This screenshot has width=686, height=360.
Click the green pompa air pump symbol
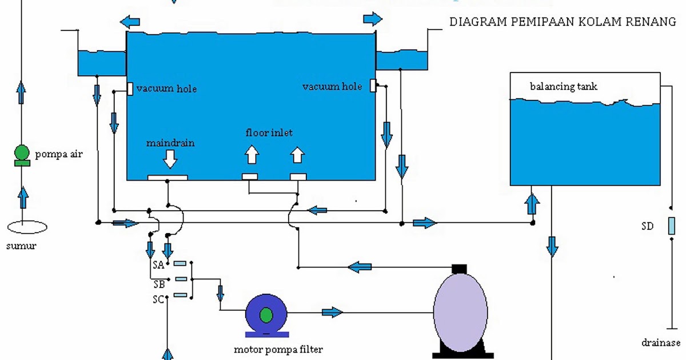tap(22, 153)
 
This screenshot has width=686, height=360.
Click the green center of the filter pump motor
tap(266, 314)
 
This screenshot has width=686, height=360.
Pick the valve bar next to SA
tap(180, 264)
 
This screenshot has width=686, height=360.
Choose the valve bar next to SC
tap(180, 295)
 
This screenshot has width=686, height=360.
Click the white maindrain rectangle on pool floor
tap(167, 177)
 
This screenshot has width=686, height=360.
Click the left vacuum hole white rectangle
tap(130, 89)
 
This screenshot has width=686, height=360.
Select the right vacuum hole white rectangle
tap(373, 86)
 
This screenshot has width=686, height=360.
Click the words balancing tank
tap(564, 87)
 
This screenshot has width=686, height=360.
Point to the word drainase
tap(661, 343)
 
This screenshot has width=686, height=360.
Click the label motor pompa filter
tap(274, 349)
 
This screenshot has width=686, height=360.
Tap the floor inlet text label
tap(269, 133)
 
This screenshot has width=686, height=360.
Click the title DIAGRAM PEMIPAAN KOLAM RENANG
tap(563, 22)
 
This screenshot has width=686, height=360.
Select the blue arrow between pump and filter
tap(332, 312)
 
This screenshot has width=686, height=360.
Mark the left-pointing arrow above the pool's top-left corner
tap(130, 22)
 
